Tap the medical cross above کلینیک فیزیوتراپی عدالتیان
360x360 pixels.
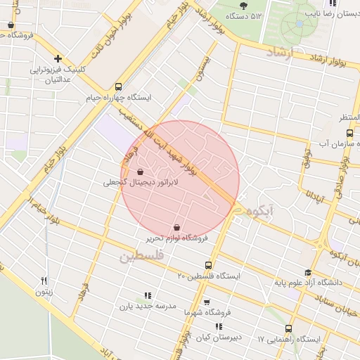[58, 59]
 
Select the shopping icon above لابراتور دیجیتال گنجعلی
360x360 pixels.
[141, 172]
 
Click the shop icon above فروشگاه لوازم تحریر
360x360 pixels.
[176, 228]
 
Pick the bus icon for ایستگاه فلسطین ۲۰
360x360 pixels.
[208, 265]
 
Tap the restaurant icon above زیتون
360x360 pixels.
[44, 281]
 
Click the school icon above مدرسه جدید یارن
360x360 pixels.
[147, 296]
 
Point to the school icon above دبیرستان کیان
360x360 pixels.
[219, 327]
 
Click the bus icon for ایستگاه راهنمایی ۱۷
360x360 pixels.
[288, 328]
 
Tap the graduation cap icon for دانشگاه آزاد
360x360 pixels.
[307, 273]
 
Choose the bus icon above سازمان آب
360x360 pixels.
[349, 133]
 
